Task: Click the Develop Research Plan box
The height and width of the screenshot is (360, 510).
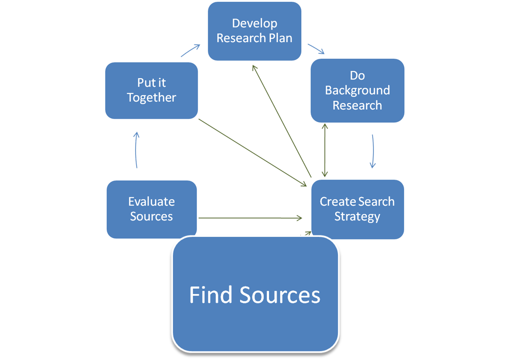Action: click(x=254, y=31)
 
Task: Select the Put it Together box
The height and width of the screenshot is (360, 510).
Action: click(x=151, y=90)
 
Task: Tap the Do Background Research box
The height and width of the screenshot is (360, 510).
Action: click(x=357, y=90)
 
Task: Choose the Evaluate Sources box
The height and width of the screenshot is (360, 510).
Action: click(x=151, y=209)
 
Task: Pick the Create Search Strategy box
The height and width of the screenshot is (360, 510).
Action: click(x=357, y=209)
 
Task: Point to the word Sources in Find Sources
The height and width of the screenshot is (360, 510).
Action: click(x=280, y=295)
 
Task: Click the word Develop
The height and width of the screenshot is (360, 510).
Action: click(x=254, y=23)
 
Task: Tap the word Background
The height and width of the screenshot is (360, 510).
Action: click(x=357, y=90)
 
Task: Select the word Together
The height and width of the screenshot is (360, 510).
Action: click(x=151, y=98)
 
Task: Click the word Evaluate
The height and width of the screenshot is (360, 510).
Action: click(x=151, y=201)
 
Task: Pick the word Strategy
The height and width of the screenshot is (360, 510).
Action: click(x=357, y=216)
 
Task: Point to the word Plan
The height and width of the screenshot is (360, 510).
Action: click(x=280, y=38)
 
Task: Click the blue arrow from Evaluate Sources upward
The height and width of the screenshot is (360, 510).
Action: click(x=137, y=150)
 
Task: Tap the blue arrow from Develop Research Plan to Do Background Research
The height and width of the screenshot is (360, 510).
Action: click(x=316, y=48)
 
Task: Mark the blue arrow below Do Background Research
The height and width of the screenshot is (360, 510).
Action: click(x=373, y=151)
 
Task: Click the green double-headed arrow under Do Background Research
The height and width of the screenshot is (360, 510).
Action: click(x=325, y=150)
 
